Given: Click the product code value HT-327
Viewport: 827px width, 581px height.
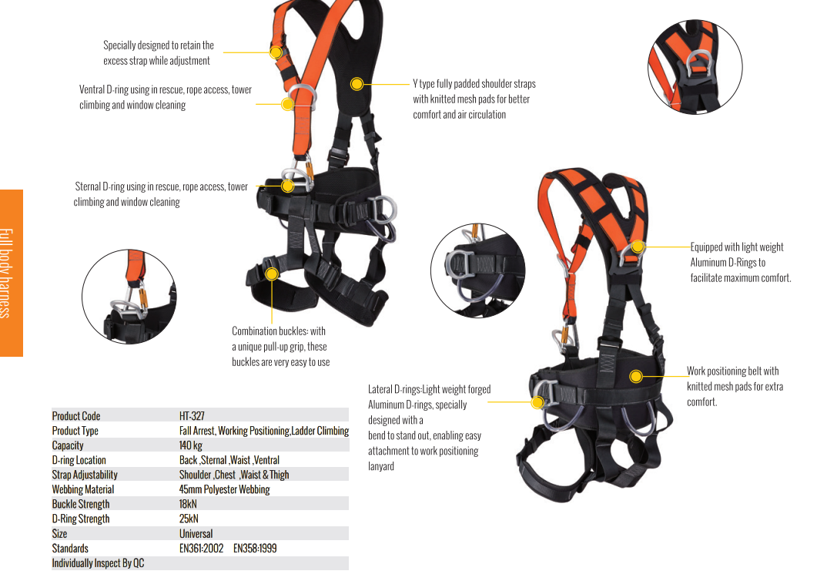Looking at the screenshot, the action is (x=192, y=416).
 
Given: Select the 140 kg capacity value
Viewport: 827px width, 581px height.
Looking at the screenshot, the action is (x=191, y=445).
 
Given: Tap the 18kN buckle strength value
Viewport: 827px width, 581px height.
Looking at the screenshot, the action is (x=188, y=504).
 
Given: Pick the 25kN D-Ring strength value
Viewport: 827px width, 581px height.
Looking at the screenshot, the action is (x=189, y=519).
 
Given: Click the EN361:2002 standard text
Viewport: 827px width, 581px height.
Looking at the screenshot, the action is (x=202, y=549).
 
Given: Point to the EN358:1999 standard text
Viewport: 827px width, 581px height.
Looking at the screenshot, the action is (x=256, y=549).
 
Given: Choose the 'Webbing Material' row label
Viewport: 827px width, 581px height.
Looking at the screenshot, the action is (x=83, y=490).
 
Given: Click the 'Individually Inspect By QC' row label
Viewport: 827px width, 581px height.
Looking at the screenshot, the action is (x=98, y=563).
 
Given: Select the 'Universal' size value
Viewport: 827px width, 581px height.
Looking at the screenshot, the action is (x=196, y=533).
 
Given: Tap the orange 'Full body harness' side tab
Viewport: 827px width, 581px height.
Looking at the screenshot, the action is (x=11, y=273).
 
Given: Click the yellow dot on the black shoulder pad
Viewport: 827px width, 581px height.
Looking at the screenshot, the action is (x=357, y=84).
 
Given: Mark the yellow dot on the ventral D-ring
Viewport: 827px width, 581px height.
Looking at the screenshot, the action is (x=287, y=104).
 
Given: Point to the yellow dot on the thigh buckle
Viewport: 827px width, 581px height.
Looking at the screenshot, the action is (x=272, y=274).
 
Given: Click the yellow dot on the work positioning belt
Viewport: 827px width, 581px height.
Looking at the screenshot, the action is (x=636, y=376).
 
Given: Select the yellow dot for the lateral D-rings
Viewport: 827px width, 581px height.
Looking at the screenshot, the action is (x=537, y=402).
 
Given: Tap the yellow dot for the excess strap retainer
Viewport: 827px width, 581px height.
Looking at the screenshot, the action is (x=276, y=52).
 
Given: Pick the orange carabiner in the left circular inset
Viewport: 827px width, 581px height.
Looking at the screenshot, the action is (x=143, y=296).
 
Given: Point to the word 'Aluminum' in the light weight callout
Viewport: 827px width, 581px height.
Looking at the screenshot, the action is (x=708, y=263).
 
